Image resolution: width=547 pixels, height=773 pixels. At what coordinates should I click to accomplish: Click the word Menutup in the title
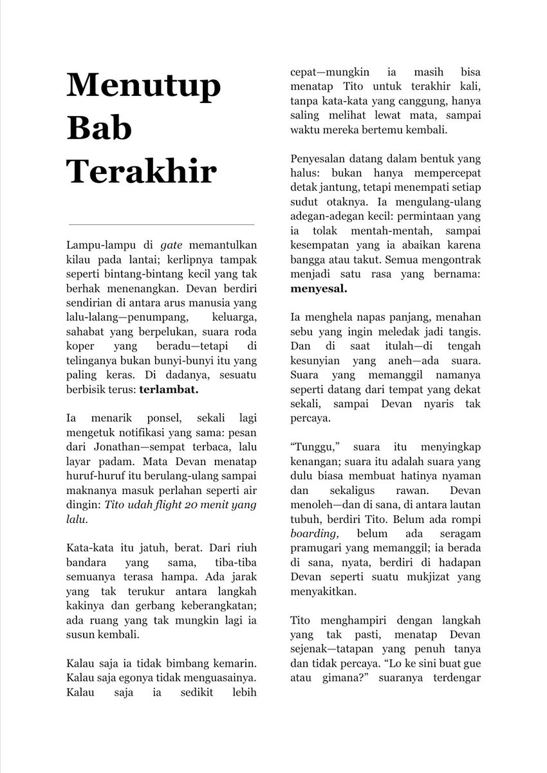pos(144,85)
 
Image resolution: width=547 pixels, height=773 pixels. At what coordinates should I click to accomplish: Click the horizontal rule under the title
pos(161,224)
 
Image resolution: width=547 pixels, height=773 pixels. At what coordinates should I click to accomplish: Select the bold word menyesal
pos(319,289)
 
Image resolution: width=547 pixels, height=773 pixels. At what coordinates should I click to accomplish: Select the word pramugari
pos(316,548)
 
